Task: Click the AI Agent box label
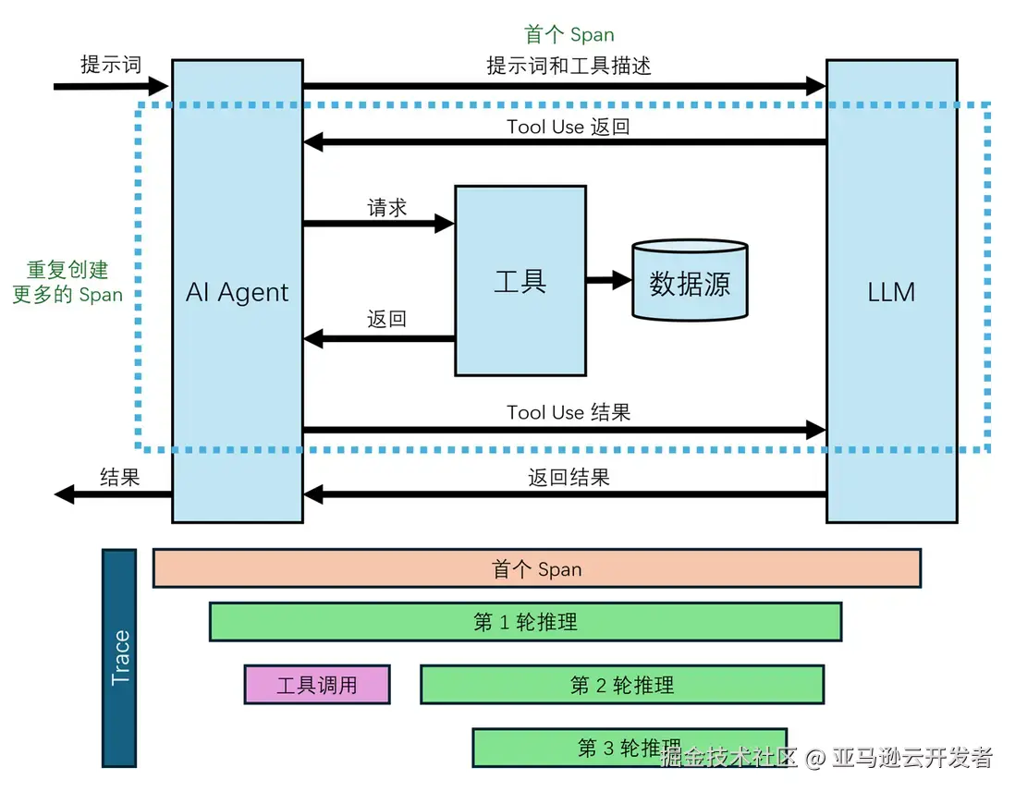237,292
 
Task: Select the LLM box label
891,292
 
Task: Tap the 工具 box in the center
520,281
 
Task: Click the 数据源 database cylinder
690,282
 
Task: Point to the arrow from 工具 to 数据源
608,281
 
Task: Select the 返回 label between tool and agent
387,320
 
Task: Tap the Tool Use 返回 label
568,127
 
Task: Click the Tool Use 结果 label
568,412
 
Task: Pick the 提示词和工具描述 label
569,66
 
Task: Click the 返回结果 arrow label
569,477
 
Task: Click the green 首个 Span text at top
569,35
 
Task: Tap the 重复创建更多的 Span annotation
67,282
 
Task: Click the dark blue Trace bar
119,658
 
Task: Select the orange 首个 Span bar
536,568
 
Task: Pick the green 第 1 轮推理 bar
525,622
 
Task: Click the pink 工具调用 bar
317,685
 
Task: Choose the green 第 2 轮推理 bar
621,685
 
